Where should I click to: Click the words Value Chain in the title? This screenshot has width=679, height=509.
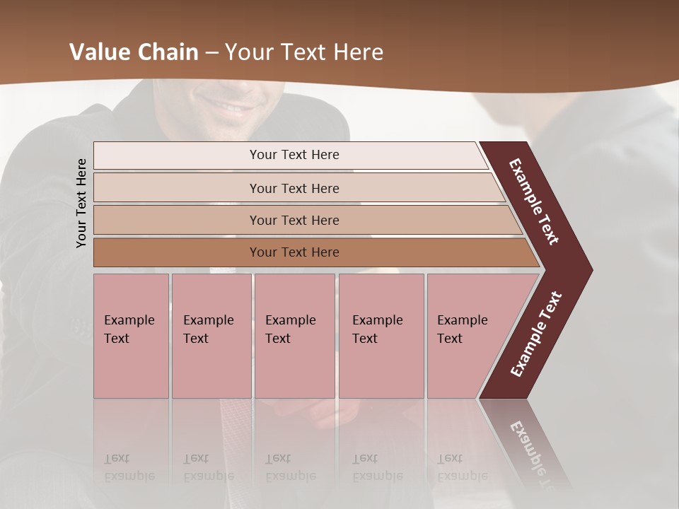[134, 52]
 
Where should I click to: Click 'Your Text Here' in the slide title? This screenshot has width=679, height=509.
[304, 52]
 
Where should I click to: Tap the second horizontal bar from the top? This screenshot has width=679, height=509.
[294, 188]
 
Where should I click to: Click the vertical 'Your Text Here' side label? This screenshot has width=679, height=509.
[81, 203]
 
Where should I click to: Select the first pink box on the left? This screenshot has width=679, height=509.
[131, 336]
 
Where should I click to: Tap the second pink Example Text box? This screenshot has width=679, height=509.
[211, 336]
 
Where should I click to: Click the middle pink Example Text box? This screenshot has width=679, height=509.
[294, 336]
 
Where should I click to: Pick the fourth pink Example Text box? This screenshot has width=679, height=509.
[381, 336]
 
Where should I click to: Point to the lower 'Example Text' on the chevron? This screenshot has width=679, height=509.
[536, 334]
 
